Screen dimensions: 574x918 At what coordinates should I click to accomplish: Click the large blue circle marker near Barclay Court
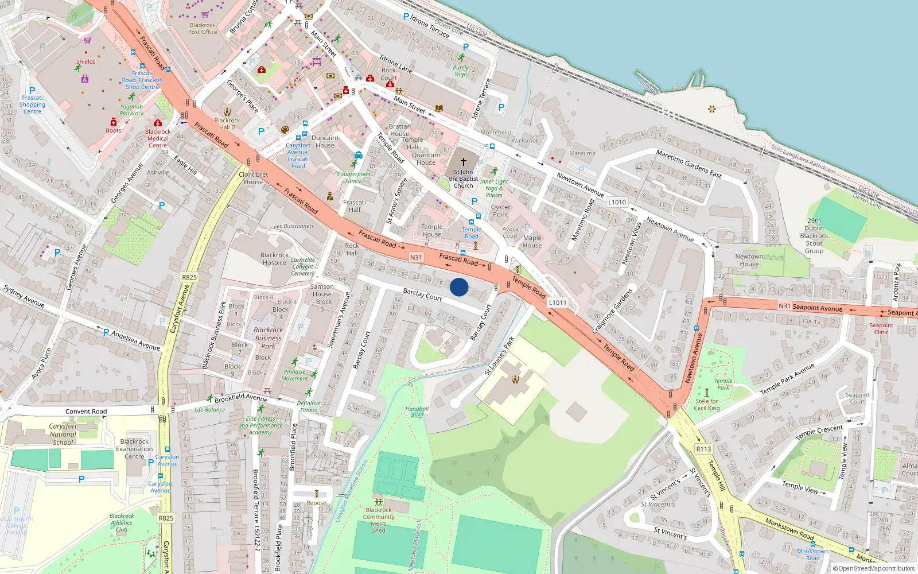tap(459, 287)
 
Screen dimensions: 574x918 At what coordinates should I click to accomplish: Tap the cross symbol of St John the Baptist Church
tap(464, 162)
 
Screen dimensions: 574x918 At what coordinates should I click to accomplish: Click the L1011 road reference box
tap(557, 302)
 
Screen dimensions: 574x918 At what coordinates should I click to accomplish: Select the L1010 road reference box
tap(617, 202)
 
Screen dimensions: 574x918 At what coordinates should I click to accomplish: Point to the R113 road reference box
tap(703, 449)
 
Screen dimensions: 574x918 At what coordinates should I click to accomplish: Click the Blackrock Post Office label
tap(203, 29)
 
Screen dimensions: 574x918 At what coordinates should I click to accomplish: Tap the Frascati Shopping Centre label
tap(32, 104)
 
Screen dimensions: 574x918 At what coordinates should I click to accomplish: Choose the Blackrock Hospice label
tap(274, 259)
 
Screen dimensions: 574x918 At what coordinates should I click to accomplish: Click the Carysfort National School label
tap(63, 435)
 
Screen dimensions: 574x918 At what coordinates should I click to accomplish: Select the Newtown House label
tap(749, 260)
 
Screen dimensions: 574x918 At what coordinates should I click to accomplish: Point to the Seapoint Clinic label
tap(881, 328)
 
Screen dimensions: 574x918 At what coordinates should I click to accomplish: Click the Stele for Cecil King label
tap(707, 405)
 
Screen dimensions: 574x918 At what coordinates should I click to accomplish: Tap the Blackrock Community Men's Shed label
tap(379, 520)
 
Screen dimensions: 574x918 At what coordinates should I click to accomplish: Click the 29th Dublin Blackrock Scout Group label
tap(814, 235)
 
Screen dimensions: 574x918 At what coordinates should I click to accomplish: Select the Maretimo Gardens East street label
tap(688, 164)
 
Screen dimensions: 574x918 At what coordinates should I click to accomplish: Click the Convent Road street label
tap(86, 411)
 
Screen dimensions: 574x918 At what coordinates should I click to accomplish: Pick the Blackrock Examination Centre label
tap(134, 449)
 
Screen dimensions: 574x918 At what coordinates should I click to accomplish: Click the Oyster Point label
tap(500, 211)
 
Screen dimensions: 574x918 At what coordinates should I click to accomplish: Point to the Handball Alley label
tap(417, 412)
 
